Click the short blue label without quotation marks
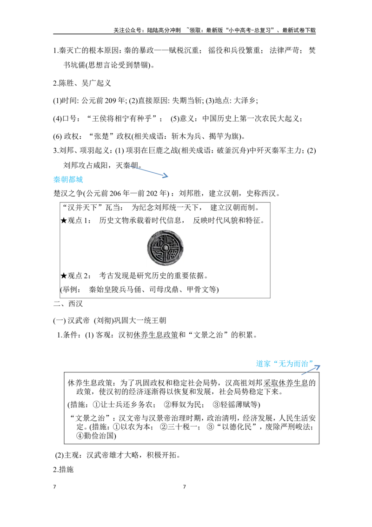[x=68, y=180]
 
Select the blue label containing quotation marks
[x=283, y=364]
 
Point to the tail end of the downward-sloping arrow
[x=128, y=165]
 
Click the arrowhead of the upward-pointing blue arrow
[x=320, y=366]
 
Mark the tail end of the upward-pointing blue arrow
[x=302, y=375]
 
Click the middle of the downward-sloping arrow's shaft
[x=149, y=171]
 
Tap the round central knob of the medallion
[x=166, y=248]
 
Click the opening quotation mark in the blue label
[x=273, y=363]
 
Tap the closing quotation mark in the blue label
[x=310, y=363]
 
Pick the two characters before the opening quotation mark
[x=263, y=364]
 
